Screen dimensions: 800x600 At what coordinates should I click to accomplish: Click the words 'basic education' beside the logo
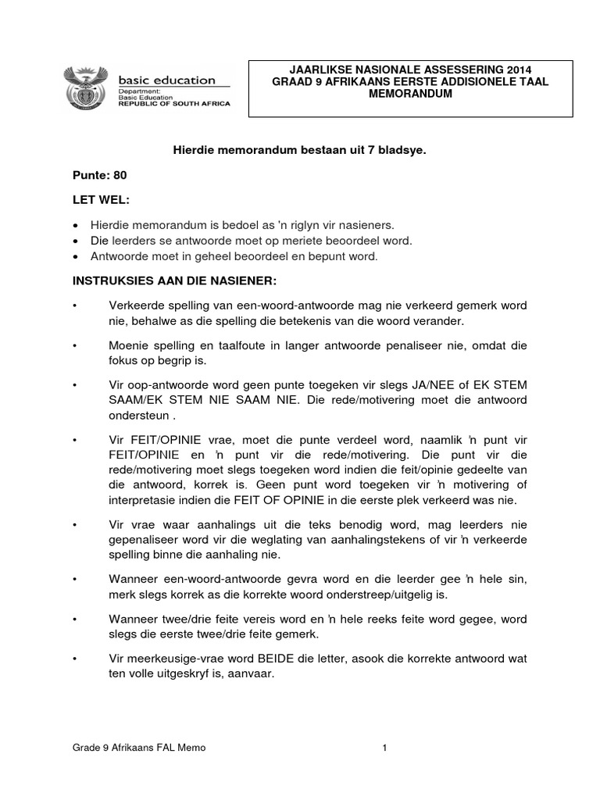(166, 80)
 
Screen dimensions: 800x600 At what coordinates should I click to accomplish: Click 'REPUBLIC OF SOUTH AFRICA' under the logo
(173, 104)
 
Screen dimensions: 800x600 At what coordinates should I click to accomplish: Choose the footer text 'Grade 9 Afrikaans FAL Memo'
(139, 748)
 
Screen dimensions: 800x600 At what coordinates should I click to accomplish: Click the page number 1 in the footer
(386, 748)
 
